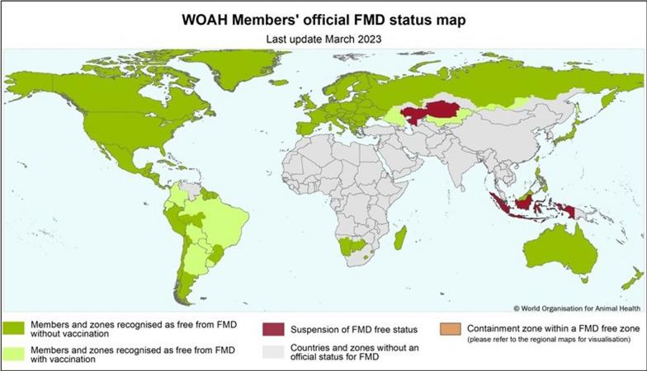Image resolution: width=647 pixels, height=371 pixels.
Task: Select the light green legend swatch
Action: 14,356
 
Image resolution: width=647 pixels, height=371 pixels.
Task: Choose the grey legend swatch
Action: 273,352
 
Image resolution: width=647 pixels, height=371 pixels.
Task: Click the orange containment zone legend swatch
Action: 451,328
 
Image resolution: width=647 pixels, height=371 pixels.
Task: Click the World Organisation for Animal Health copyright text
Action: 576,308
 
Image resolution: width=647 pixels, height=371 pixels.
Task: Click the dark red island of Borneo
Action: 522,200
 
